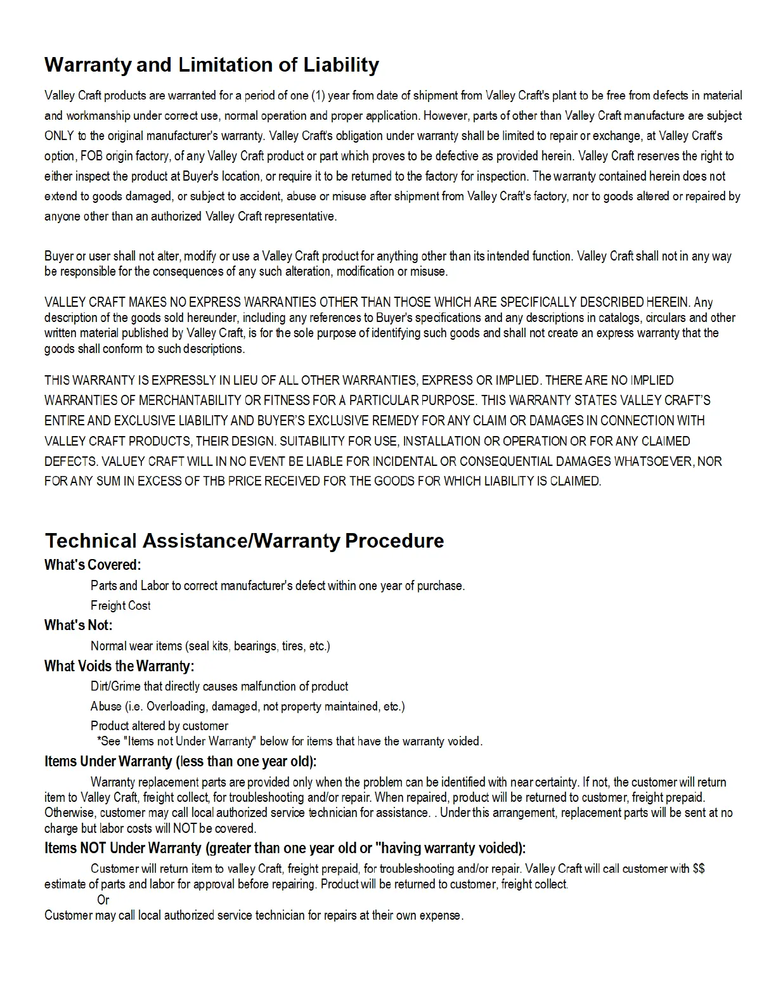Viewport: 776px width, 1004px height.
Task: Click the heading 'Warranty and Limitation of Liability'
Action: point(212,65)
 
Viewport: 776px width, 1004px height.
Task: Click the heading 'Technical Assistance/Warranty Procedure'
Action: point(244,541)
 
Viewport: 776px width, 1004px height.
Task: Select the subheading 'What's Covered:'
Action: point(93,565)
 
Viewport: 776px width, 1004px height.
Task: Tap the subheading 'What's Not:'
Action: point(78,625)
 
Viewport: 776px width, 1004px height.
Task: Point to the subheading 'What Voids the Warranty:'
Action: point(119,666)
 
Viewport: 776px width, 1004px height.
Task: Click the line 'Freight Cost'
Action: point(120,605)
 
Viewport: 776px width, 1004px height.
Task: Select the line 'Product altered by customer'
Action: point(159,726)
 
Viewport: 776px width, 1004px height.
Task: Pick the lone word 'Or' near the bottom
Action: point(103,900)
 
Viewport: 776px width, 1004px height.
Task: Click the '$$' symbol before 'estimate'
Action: point(699,868)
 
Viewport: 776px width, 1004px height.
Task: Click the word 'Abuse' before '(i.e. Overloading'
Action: point(106,706)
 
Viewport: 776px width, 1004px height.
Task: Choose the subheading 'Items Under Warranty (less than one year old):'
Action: point(180,761)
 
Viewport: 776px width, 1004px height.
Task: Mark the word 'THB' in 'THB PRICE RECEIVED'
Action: point(214,481)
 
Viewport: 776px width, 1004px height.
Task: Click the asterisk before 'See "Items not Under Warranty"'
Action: point(100,740)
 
